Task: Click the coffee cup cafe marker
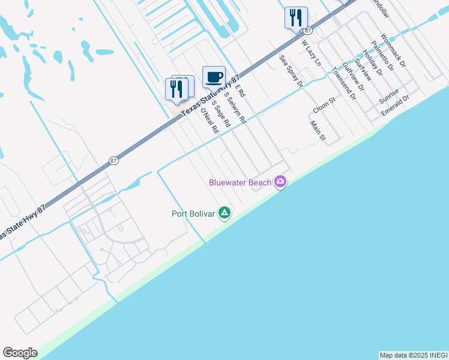[214, 77]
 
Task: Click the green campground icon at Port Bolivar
[224, 213]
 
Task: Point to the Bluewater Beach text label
[240, 182]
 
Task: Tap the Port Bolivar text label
[193, 213]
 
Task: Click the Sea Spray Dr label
[291, 71]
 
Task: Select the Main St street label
[317, 131]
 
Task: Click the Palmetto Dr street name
[382, 55]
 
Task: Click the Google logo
[20, 353]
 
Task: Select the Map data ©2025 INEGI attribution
[413, 355]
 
